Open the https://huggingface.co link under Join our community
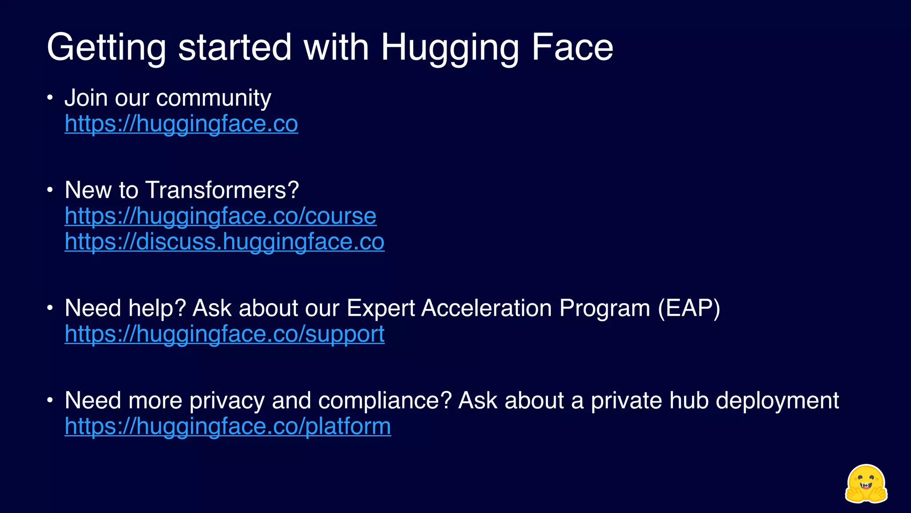pos(181,123)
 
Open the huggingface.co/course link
pos(220,216)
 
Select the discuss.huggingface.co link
pos(224,242)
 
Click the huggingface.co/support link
pos(224,334)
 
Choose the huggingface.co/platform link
pos(228,426)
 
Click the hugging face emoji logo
pos(866,484)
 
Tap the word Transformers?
pos(222,190)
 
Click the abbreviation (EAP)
pos(689,308)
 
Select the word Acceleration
pos(487,308)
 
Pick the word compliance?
pos(385,400)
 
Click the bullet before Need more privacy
pos(50,400)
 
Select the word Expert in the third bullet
pos(380,308)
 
